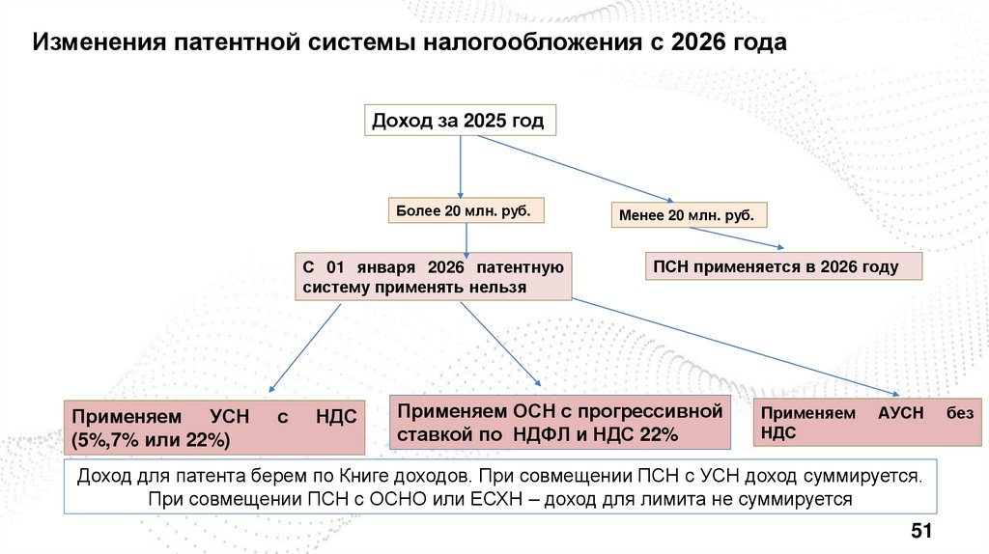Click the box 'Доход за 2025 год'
click(459, 121)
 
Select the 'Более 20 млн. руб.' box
click(462, 210)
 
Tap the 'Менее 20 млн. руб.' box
click(688, 214)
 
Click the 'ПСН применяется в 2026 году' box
click(783, 267)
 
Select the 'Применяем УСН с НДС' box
click(214, 427)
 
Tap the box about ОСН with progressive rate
click(559, 423)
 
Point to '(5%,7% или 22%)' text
click(149, 440)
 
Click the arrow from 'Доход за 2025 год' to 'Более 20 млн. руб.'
click(462, 164)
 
